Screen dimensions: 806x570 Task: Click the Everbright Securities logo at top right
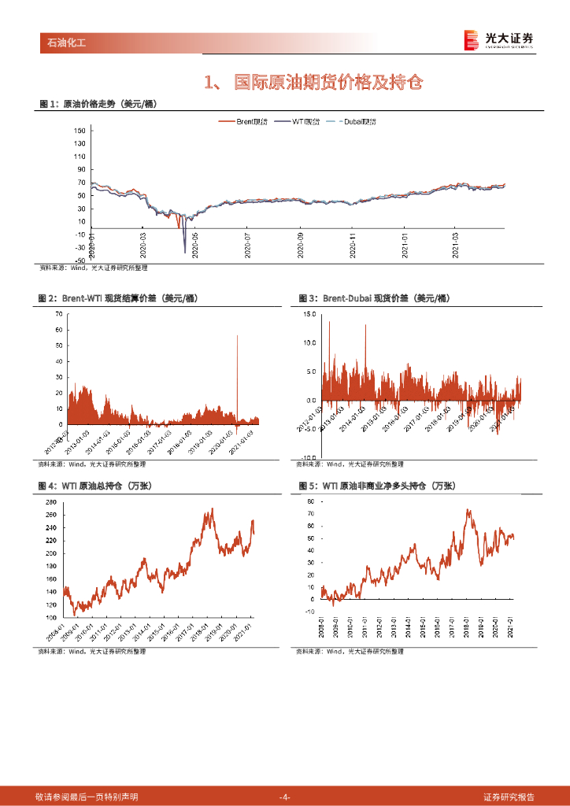498,39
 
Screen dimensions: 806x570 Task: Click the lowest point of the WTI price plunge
185,252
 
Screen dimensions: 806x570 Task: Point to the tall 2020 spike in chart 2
237,336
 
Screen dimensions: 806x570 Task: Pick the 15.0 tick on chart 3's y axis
309,314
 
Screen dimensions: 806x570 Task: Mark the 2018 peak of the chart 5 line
468,510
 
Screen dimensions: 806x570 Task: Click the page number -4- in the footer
285,797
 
